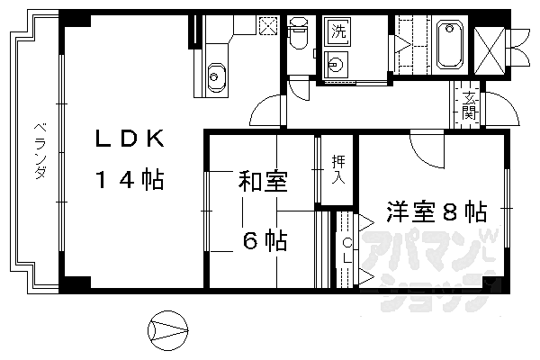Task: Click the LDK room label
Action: [131, 140]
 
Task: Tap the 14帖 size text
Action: [131, 180]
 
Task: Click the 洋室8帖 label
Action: [437, 213]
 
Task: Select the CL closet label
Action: [348, 252]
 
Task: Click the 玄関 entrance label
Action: [470, 104]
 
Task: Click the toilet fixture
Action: [299, 36]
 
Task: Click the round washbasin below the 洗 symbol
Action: [336, 64]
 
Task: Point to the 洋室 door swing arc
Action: [428, 149]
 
